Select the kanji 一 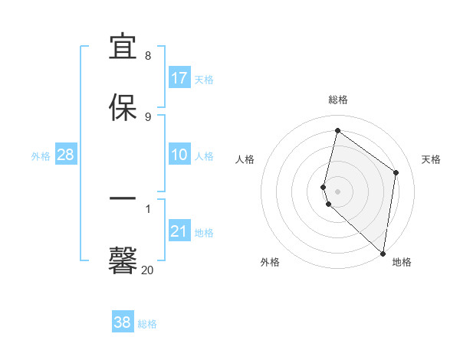pyautogui.click(x=123, y=198)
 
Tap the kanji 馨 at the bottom pyautogui.click(x=123, y=259)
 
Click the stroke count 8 pyautogui.click(x=148, y=56)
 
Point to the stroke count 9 pyautogui.click(x=148, y=116)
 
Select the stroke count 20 pyautogui.click(x=148, y=270)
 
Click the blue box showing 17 pyautogui.click(x=179, y=78)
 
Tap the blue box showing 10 pyautogui.click(x=179, y=155)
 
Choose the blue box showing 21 pyautogui.click(x=179, y=231)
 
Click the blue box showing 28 pyautogui.click(x=66, y=155)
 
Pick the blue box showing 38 pyautogui.click(x=123, y=322)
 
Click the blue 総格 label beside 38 pyautogui.click(x=147, y=324)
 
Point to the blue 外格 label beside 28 pyautogui.click(x=41, y=156)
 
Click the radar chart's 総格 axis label pyautogui.click(x=338, y=100)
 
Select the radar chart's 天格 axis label pyautogui.click(x=432, y=159)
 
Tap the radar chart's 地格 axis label pyautogui.click(x=402, y=262)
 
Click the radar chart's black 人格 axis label pyautogui.click(x=245, y=159)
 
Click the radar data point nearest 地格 pyautogui.click(x=383, y=254)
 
